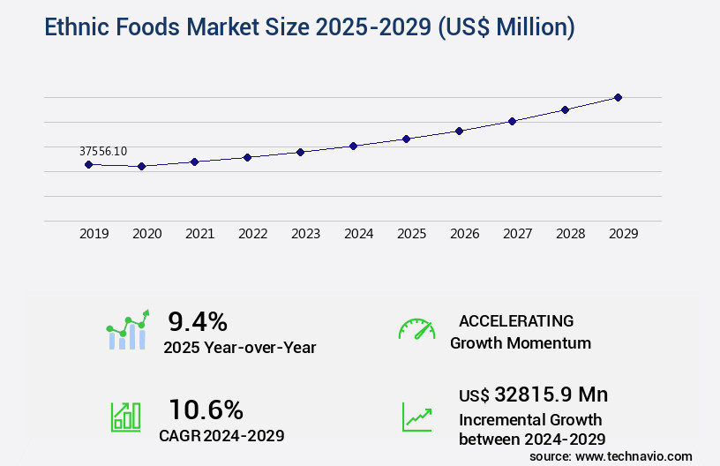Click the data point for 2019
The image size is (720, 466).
(x=88, y=164)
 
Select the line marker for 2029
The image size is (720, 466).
(x=618, y=97)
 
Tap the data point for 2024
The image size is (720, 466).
(x=353, y=146)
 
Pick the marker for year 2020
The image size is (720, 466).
(x=141, y=166)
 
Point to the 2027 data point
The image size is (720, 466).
(x=512, y=121)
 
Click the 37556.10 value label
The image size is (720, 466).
(x=103, y=151)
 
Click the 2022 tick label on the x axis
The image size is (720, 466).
(x=252, y=234)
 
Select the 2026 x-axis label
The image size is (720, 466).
(x=464, y=234)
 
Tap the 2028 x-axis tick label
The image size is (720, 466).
(x=570, y=234)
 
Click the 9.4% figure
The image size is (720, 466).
(x=198, y=320)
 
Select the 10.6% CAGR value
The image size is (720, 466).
(x=206, y=409)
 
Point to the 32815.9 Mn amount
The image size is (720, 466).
(x=533, y=394)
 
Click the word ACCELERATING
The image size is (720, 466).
(x=516, y=320)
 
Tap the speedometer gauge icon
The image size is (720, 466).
(x=416, y=329)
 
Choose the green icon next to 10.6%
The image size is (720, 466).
(x=124, y=417)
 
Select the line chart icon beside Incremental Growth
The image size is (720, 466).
(x=416, y=417)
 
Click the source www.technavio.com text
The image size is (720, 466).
(x=611, y=455)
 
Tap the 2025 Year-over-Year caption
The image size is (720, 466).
(x=239, y=348)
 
